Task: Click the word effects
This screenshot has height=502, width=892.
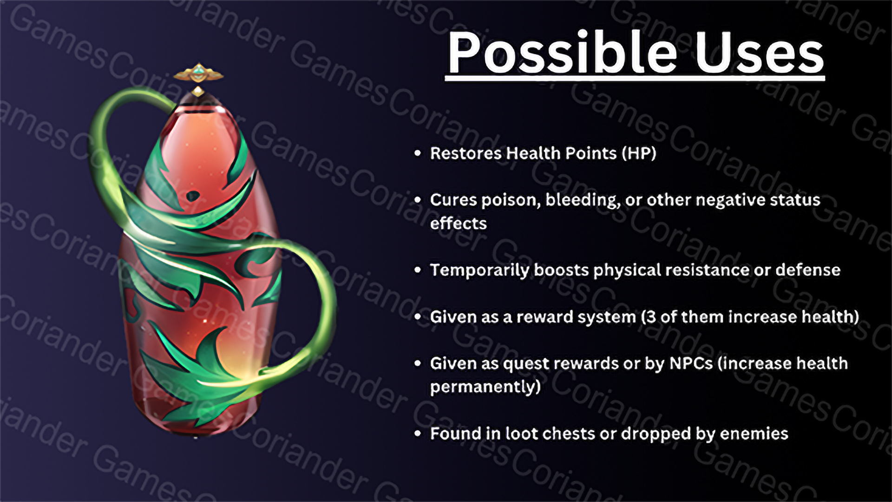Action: coord(459,224)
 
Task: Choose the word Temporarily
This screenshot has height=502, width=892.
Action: coord(479,271)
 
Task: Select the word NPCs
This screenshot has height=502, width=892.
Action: coord(691,363)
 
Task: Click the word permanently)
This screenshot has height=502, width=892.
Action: coord(485,387)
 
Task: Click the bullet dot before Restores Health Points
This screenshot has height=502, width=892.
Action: coord(418,153)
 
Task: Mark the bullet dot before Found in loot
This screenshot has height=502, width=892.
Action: coord(418,434)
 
